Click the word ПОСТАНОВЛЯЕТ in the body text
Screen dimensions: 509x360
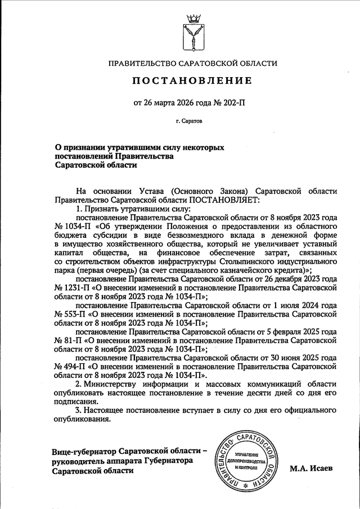[225, 199]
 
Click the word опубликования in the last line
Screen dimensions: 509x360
[83, 420]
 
